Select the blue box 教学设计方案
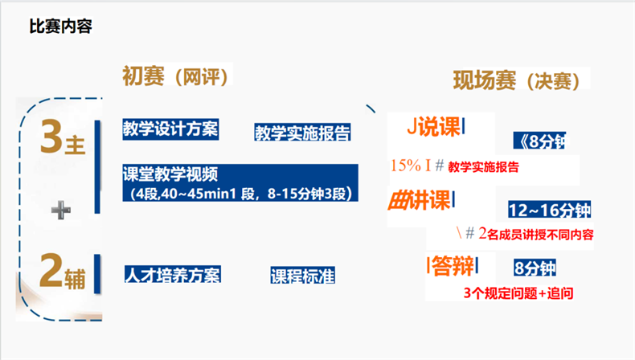coord(171,129)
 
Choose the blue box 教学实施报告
coord(302,133)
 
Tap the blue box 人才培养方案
coord(173,275)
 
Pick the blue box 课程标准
coord(302,276)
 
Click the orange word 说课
coord(439,127)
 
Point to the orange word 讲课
coord(432,198)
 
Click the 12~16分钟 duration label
coord(549,211)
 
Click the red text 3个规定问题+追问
coord(518,293)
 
